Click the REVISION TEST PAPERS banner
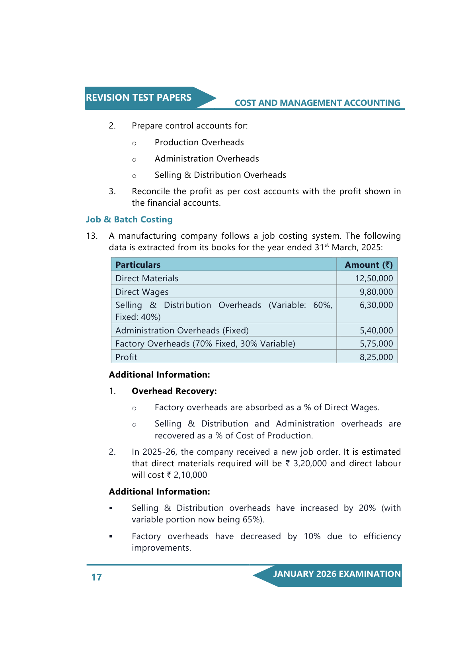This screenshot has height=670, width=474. click(x=139, y=98)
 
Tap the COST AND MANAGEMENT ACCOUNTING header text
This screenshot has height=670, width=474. click(x=317, y=103)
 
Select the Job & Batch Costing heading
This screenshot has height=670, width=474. click(x=129, y=220)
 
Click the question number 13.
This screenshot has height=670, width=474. click(x=92, y=236)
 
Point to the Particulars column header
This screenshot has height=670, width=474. click(x=138, y=265)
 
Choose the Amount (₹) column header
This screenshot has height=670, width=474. click(x=369, y=265)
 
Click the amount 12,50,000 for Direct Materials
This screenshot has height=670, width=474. click(x=374, y=279)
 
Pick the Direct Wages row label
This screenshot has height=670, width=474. click(x=142, y=292)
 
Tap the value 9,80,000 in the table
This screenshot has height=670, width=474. click(x=376, y=292)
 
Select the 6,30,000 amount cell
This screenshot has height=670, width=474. click(x=376, y=305)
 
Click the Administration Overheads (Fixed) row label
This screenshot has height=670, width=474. click(x=182, y=331)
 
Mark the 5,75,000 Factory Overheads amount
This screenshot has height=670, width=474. click(x=376, y=344)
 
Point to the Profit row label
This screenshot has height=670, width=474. click(x=126, y=357)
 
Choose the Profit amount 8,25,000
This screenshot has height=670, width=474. click(x=376, y=357)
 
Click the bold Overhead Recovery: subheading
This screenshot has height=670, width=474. click(x=174, y=391)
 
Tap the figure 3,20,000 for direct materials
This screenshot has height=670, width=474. click(x=310, y=464)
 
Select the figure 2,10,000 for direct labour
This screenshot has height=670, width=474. click(x=190, y=475)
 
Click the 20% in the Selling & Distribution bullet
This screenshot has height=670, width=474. click(x=367, y=508)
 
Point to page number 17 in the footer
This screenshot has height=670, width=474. click(x=97, y=577)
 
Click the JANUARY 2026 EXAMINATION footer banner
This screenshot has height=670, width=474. click(x=337, y=574)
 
